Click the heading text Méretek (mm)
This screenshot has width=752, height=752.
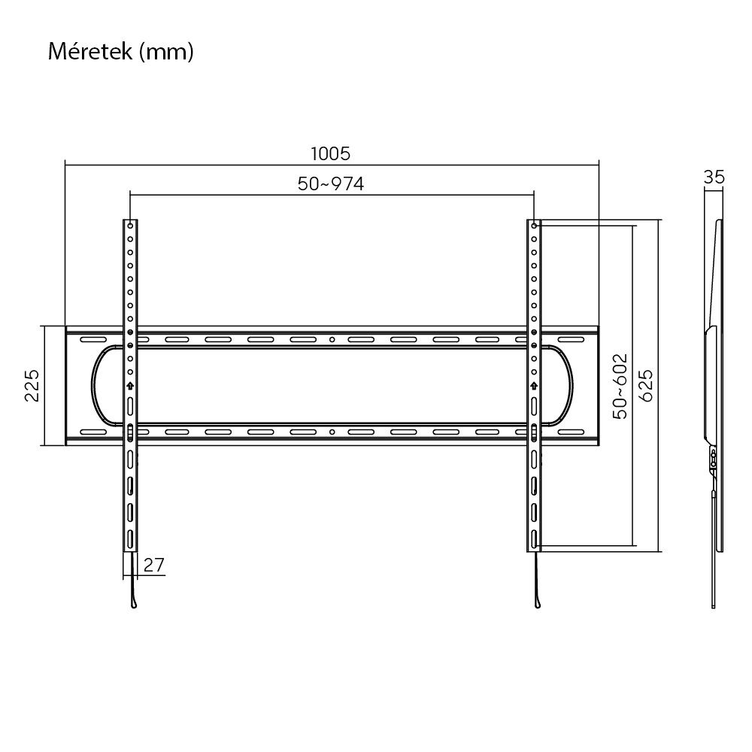[121, 52]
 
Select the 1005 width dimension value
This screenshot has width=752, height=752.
[331, 153]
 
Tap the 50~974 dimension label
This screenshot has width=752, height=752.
[331, 183]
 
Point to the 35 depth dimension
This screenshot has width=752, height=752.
[714, 177]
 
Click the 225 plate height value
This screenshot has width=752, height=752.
[32, 385]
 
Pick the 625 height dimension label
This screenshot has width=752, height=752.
[645, 385]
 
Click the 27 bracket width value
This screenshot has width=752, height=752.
[154, 565]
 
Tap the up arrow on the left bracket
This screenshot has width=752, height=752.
[130, 385]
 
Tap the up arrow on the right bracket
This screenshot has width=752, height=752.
[534, 385]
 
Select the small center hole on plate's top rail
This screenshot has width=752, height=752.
[332, 339]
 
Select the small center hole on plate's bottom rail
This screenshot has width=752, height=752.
[332, 432]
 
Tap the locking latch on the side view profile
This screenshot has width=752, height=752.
[712, 459]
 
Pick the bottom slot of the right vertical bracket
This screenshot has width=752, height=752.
[534, 538]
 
